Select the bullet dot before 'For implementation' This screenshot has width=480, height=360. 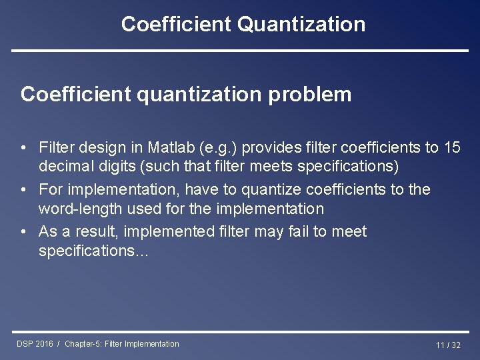point(23,190)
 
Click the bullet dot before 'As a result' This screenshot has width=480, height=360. point(23,232)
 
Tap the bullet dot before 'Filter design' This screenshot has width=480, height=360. point(23,147)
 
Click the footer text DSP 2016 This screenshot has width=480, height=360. point(35,344)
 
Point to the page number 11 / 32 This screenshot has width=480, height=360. point(448,345)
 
